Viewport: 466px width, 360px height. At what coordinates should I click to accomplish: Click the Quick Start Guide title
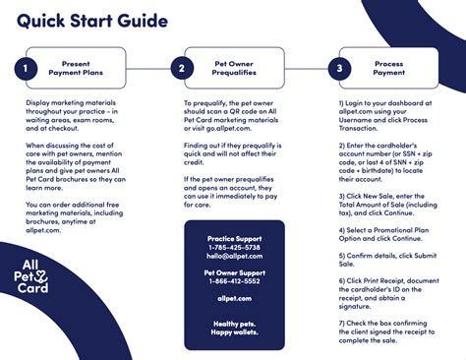pyautogui.click(x=92, y=21)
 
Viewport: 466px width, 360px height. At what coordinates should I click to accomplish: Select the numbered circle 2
pyautogui.click(x=181, y=69)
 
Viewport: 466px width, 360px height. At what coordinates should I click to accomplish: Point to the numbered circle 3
pyautogui.click(x=340, y=69)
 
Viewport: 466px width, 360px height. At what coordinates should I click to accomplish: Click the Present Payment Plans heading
pyautogui.click(x=76, y=69)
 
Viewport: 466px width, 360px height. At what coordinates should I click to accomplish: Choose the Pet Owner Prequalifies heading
pyautogui.click(x=234, y=69)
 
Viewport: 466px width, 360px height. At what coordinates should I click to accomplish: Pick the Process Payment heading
pyautogui.click(x=389, y=69)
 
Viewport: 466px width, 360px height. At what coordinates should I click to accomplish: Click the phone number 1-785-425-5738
pyautogui.click(x=233, y=248)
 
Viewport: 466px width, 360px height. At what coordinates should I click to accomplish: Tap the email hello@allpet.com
pyautogui.click(x=233, y=256)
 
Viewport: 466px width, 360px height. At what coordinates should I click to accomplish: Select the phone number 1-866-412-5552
pyautogui.click(x=233, y=280)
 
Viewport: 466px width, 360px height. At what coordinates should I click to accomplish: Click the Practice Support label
pyautogui.click(x=233, y=239)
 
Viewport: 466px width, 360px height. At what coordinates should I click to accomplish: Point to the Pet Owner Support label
pyautogui.click(x=233, y=271)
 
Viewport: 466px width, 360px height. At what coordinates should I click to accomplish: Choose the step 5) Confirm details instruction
pyautogui.click(x=385, y=259)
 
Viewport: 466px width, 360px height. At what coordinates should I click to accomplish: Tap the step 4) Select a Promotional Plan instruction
pyautogui.click(x=385, y=237)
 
